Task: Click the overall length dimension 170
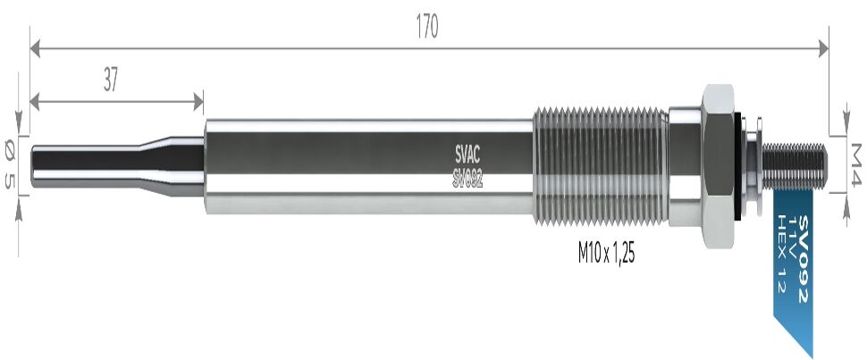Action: coord(427,27)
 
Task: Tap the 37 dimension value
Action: coord(111,80)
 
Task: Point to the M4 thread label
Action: coord(856,164)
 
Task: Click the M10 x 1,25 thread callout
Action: coord(606,254)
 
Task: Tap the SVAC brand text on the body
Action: coord(467,153)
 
